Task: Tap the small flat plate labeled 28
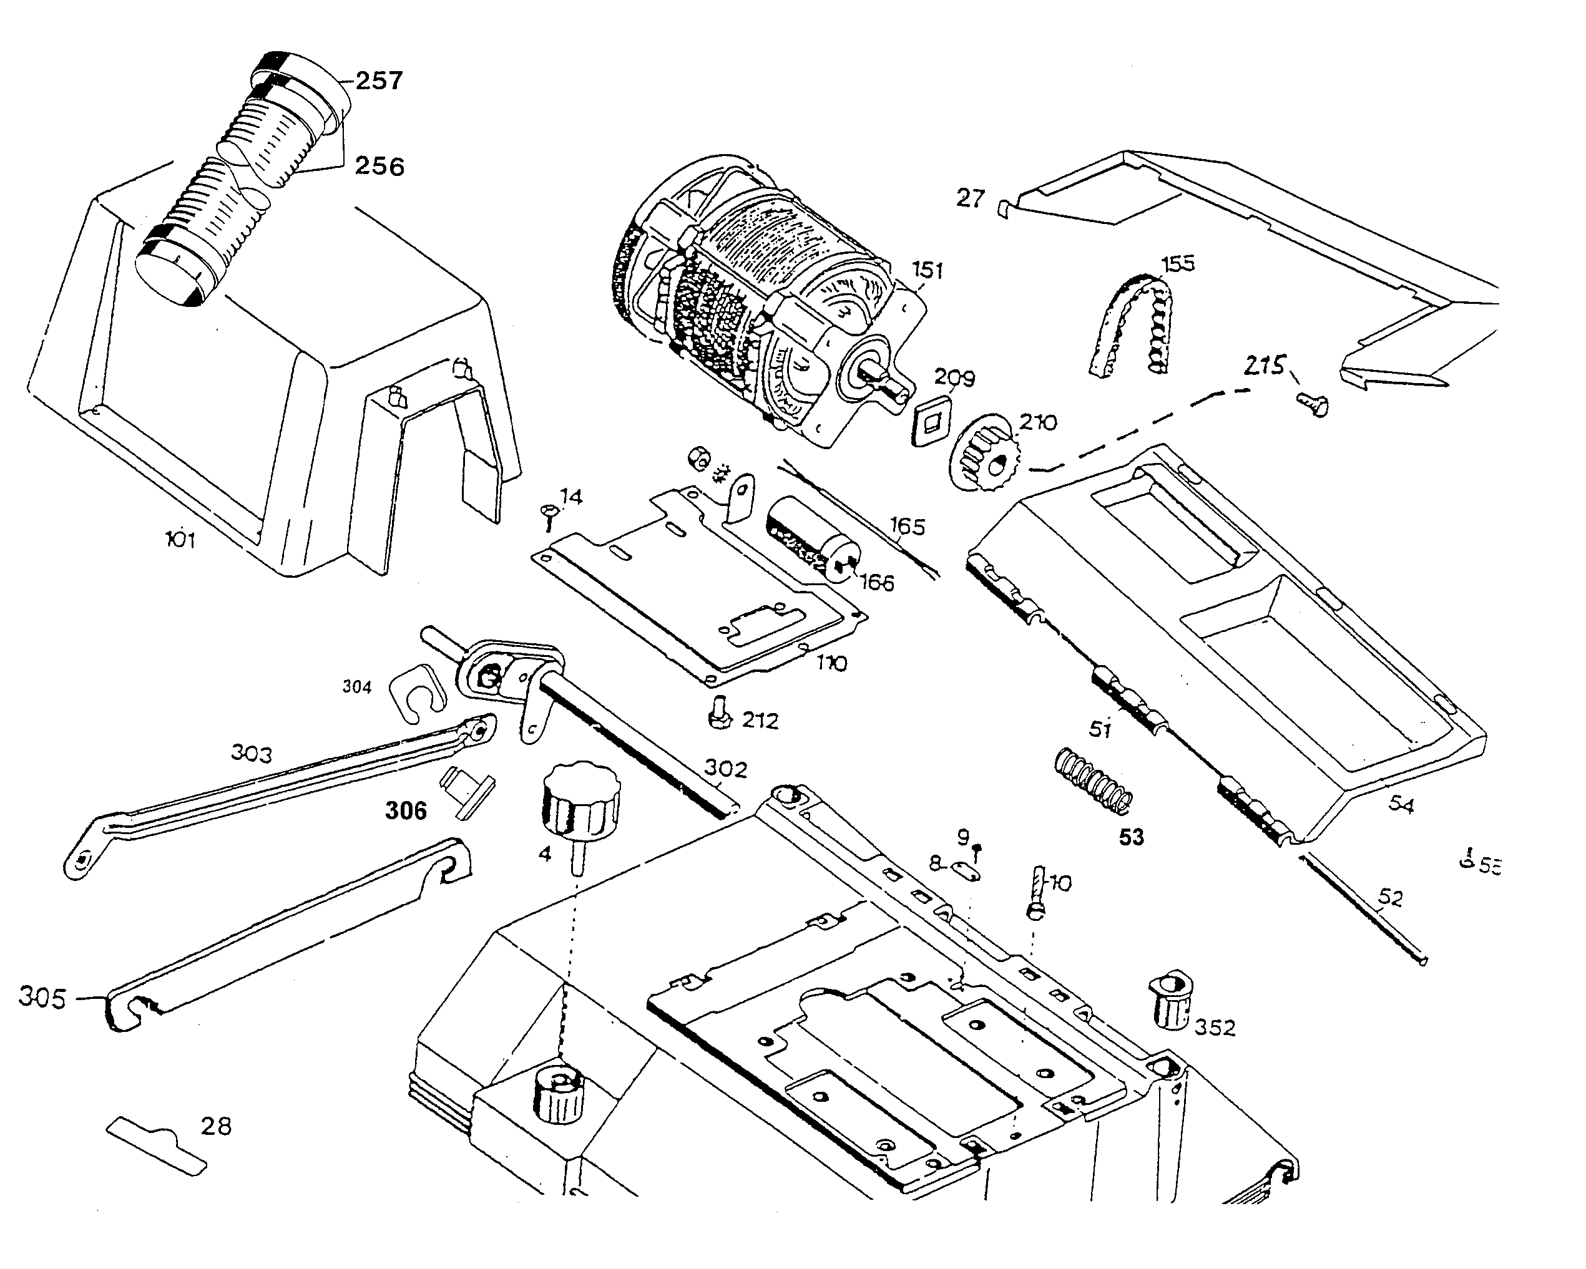tap(157, 1145)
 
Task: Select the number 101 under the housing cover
tap(180, 540)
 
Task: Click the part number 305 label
tap(42, 998)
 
